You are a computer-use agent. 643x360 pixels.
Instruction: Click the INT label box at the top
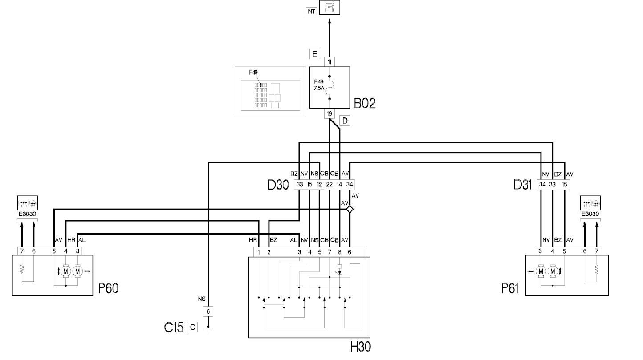point(311,12)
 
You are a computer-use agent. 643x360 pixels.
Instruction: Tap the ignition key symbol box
point(330,7)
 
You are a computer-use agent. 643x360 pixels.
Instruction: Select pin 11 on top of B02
point(330,62)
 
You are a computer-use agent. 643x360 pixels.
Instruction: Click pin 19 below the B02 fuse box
point(330,113)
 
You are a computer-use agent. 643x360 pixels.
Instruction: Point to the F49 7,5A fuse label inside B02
point(319,85)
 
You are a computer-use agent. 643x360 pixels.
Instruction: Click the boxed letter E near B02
point(315,54)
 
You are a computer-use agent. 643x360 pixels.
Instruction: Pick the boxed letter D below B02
point(345,121)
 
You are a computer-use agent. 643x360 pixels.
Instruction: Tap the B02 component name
point(365,103)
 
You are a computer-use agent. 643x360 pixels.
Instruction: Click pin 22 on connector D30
point(329,184)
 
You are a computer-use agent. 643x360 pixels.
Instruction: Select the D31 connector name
point(522,185)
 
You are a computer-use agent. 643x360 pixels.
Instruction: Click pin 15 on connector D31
point(564,184)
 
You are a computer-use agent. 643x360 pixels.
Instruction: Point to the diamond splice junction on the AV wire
point(350,210)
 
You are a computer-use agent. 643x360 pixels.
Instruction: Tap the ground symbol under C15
point(208,329)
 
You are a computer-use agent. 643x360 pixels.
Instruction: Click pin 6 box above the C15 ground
point(208,311)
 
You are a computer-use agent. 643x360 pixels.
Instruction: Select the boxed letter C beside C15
point(192,327)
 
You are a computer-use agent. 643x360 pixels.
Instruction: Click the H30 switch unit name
point(361,347)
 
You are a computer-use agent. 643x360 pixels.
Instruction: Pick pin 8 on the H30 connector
point(340,252)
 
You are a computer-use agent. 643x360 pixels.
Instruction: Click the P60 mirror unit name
point(108,288)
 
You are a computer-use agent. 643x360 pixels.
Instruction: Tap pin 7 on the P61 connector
point(597,251)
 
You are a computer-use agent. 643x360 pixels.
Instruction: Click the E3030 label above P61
point(590,214)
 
